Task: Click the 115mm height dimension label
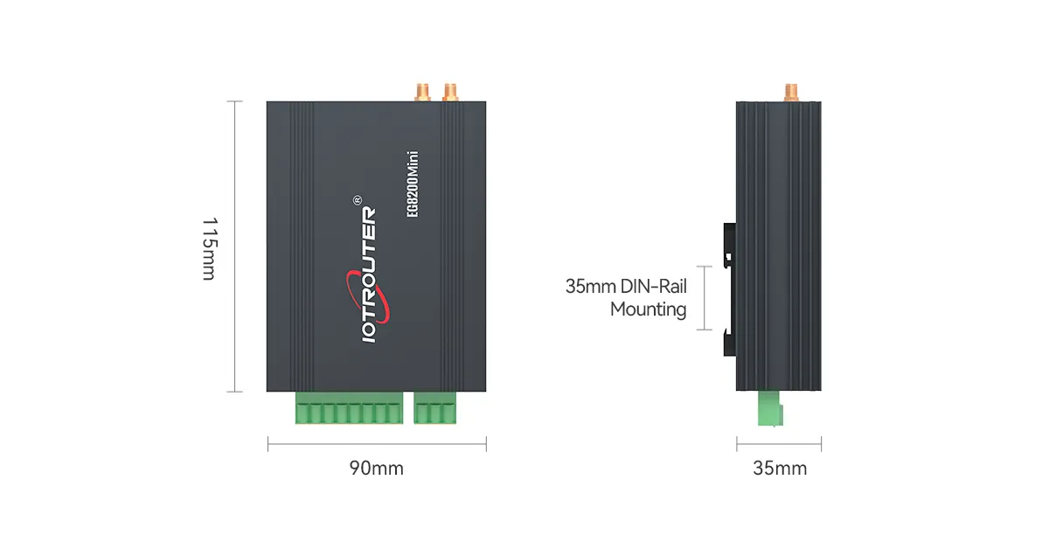click(x=207, y=248)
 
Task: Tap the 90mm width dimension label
click(x=377, y=469)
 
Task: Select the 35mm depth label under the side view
click(x=780, y=469)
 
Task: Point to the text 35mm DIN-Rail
click(x=626, y=286)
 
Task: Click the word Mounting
click(x=648, y=309)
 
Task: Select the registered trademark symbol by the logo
click(x=356, y=200)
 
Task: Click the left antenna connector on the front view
click(x=421, y=90)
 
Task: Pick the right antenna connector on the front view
click(x=451, y=90)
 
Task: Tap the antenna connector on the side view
click(x=792, y=91)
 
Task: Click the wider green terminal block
click(x=349, y=408)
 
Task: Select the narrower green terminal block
click(x=435, y=408)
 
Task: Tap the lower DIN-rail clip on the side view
click(x=729, y=343)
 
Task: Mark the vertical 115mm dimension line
click(x=233, y=247)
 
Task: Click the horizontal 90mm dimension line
click(x=377, y=445)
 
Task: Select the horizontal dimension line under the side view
click(x=779, y=445)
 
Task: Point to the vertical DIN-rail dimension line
click(x=705, y=297)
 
